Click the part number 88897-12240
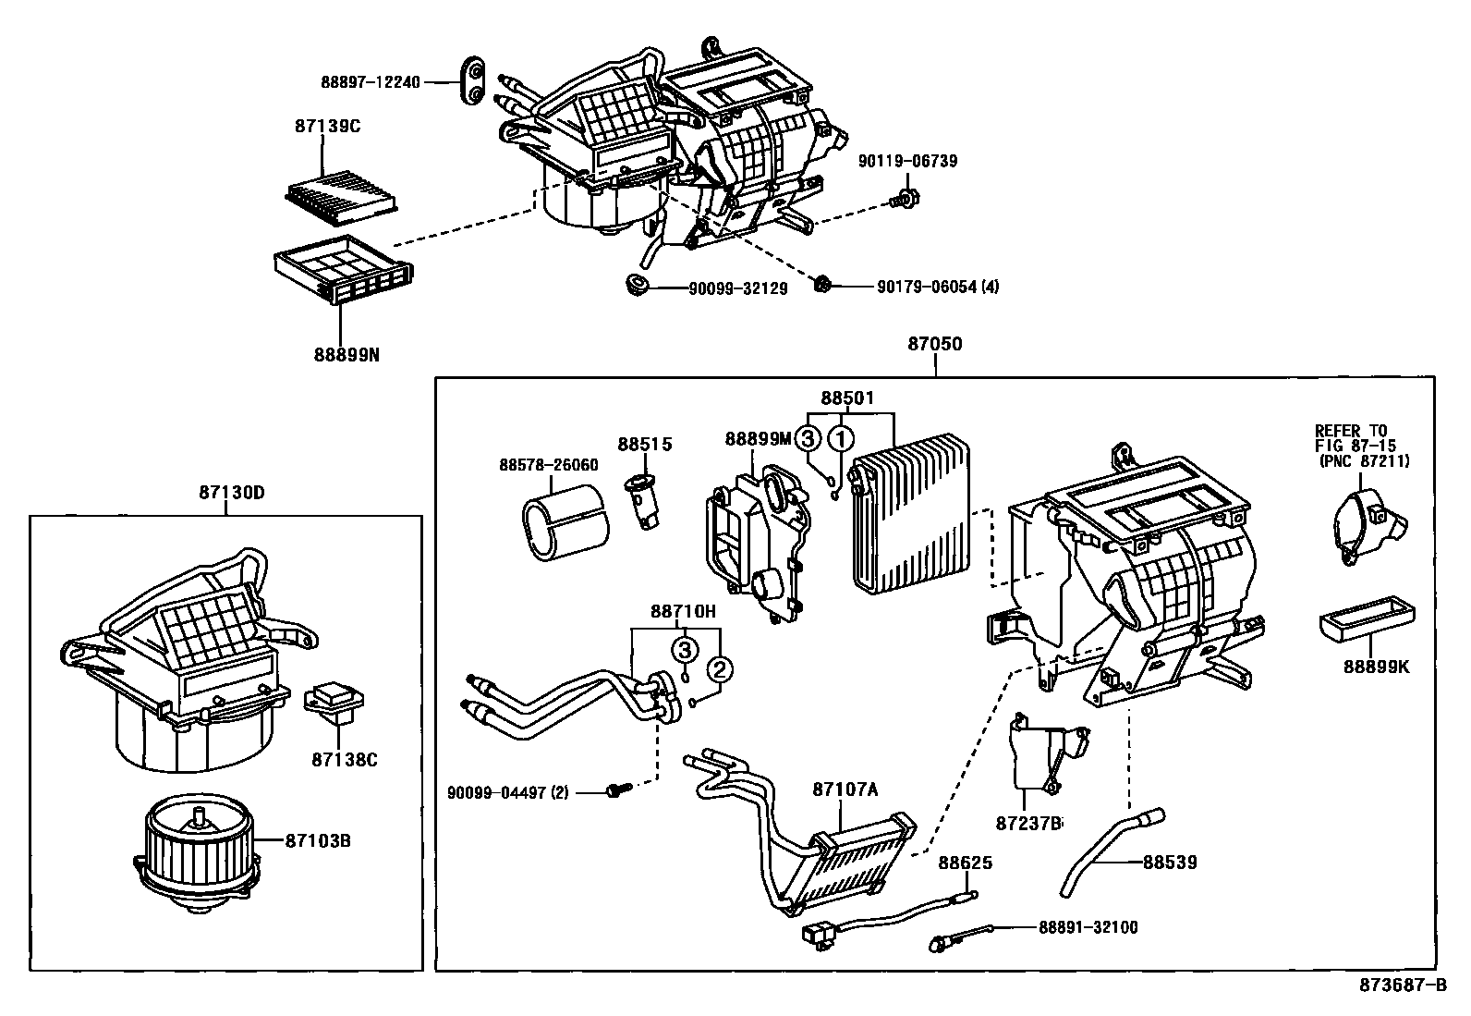click(x=371, y=82)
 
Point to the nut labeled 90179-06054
click(x=821, y=285)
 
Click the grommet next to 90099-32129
click(x=637, y=285)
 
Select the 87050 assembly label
click(x=934, y=344)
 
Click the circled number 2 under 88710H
click(x=721, y=668)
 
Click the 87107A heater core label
click(x=845, y=790)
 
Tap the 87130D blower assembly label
click(x=231, y=493)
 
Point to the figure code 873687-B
click(x=1402, y=985)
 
